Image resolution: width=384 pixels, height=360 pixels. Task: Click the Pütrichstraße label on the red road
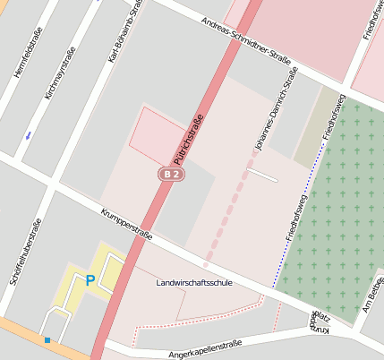click(189, 137)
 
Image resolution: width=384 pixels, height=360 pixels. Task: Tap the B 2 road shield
click(172, 174)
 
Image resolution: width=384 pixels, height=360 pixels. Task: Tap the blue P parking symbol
click(90, 280)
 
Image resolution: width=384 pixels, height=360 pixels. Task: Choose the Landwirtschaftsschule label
click(194, 283)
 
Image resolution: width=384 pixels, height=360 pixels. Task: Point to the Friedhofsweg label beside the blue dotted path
click(297, 216)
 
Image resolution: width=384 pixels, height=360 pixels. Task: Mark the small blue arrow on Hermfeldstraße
click(28, 135)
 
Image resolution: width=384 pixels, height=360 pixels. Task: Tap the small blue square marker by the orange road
click(47, 340)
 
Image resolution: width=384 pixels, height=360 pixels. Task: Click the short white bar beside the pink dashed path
click(261, 175)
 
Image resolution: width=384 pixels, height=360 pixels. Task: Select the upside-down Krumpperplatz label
click(320, 323)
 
